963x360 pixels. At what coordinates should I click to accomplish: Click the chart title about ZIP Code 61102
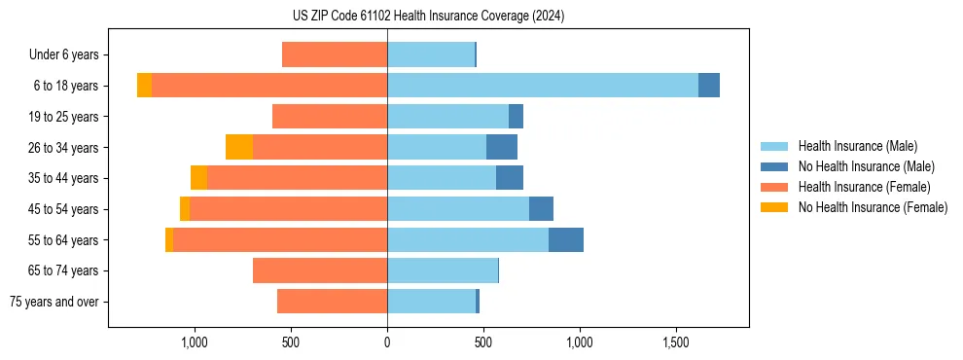click(428, 17)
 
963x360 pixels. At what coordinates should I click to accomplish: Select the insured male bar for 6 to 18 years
click(543, 86)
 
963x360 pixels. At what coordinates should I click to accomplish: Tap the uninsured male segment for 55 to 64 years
click(566, 240)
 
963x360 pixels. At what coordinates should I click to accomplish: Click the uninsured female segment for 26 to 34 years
click(239, 147)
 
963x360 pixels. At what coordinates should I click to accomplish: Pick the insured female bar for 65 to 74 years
click(320, 270)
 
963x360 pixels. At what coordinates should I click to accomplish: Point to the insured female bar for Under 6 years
click(335, 54)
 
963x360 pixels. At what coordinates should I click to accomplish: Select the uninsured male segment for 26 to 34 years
click(502, 147)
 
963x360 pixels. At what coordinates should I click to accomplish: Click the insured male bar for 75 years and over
click(431, 302)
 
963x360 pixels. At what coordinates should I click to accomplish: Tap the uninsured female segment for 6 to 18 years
click(144, 86)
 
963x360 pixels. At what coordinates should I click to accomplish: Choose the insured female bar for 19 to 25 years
click(330, 117)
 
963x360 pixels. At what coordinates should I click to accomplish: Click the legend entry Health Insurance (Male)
click(857, 146)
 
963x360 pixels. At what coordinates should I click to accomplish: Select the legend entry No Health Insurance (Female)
click(873, 207)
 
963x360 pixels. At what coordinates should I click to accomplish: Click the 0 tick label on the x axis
click(387, 342)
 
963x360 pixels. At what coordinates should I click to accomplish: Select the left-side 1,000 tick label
click(195, 342)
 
